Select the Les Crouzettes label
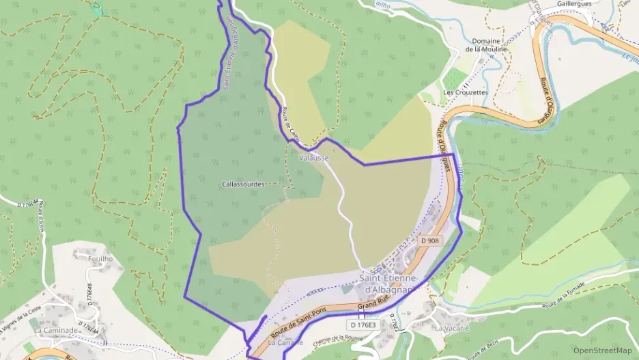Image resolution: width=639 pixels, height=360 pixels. tap(466, 92)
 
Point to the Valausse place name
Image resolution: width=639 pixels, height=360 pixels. tap(314, 158)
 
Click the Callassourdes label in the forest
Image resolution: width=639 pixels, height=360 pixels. tap(243, 184)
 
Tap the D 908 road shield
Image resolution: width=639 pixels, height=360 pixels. tap(430, 240)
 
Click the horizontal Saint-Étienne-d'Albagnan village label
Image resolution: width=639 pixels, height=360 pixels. tap(387, 283)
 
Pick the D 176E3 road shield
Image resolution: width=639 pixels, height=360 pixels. tap(362, 325)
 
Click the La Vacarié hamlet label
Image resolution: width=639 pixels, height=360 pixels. tap(451, 328)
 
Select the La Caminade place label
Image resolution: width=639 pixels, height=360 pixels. tap(55, 330)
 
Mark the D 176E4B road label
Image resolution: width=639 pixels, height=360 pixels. tap(89, 298)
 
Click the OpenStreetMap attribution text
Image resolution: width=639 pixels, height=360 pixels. tap(602, 350)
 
